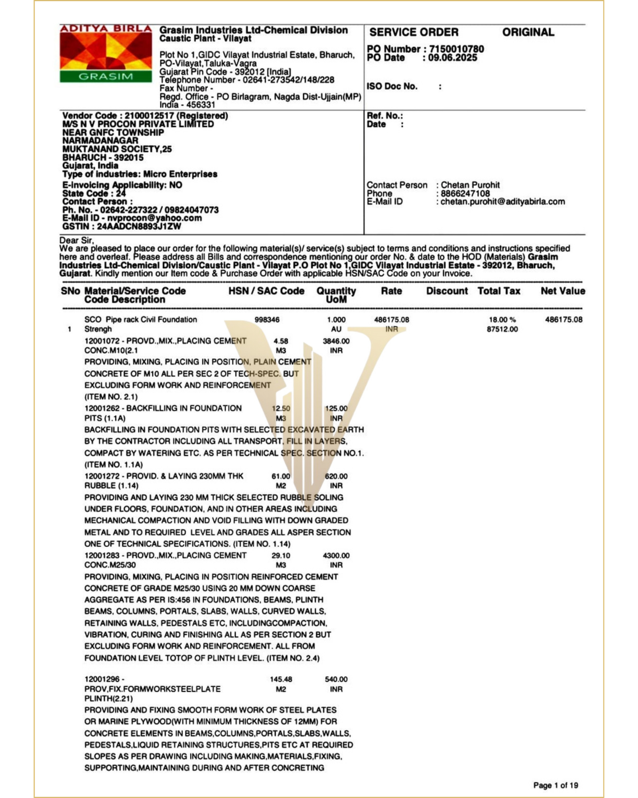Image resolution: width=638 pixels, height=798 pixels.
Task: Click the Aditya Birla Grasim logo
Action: pos(106,53)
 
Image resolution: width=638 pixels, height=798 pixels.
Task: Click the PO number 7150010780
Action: pos(456,49)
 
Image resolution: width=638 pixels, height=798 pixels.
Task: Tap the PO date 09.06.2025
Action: pos(452,58)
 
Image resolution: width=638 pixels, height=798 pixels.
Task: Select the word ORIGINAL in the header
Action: pos(528,32)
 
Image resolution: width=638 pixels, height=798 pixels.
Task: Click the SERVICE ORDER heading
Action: pos(414,32)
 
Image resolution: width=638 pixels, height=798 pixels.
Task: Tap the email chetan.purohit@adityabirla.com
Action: pos(502,201)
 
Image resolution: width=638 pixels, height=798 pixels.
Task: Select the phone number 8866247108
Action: pos(465,194)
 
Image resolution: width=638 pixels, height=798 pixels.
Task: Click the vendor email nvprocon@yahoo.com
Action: pos(154,218)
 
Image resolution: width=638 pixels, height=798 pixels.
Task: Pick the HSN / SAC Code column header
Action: pos(266,291)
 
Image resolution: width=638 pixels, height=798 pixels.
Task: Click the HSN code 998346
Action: pos(267,320)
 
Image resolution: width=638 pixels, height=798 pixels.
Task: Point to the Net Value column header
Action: pos(563,291)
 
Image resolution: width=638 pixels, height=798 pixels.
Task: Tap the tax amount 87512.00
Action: pos(502,329)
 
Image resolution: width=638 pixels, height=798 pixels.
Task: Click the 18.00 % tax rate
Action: pos(502,320)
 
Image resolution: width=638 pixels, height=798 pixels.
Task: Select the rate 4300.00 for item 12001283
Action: pos(336,555)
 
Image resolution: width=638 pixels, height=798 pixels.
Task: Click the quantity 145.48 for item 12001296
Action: pos(281,679)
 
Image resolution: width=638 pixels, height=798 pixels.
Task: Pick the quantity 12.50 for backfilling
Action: pos(281,409)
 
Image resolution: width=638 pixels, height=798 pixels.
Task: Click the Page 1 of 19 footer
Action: pos(555,785)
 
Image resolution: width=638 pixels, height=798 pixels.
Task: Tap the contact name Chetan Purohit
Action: pos(470,185)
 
